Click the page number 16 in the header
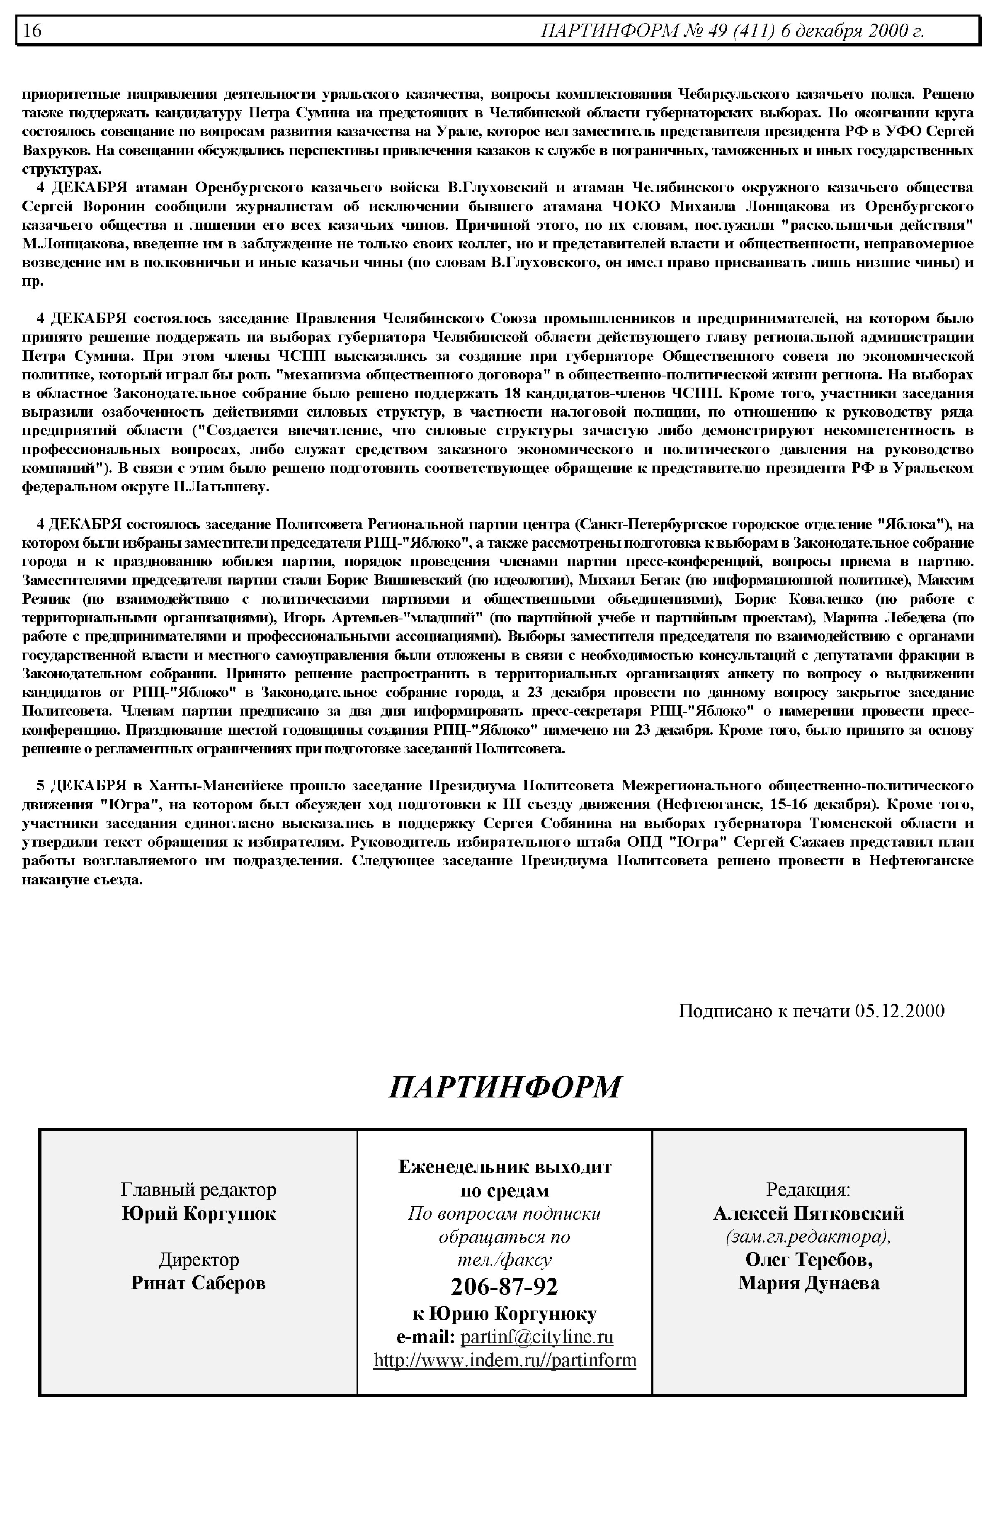[32, 30]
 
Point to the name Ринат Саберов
[198, 1282]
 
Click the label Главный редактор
[198, 1189]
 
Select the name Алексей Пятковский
[808, 1214]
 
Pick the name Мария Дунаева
[808, 1282]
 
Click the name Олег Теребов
[808, 1259]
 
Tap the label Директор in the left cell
[198, 1259]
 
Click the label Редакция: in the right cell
[808, 1189]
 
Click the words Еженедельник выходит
[505, 1166]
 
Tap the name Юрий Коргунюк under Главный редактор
[198, 1214]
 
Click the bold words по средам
[505, 1189]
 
